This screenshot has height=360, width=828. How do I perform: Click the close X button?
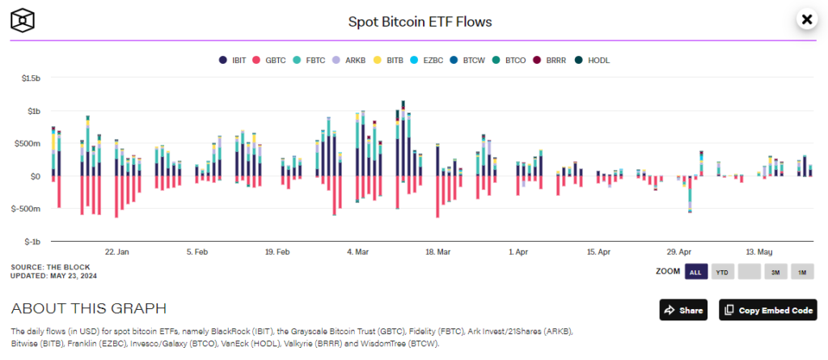pos(805,19)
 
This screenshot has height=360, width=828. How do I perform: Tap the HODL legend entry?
pos(593,60)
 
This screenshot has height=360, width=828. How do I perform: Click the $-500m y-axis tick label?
pos(27,209)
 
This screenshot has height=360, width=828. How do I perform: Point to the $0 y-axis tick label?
pos(34,176)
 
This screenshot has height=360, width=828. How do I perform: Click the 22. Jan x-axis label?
pos(116,252)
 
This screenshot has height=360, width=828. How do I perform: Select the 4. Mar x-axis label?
pos(358,252)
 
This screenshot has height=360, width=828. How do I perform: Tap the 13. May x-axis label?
pos(759,252)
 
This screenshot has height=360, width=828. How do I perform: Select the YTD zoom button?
pos(722,272)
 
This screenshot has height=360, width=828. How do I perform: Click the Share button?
pos(682,310)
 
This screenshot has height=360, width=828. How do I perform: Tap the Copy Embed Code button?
pos(767,310)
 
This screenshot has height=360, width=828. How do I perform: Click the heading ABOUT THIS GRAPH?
pos(89,308)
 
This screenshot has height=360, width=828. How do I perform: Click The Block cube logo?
pos(27,19)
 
